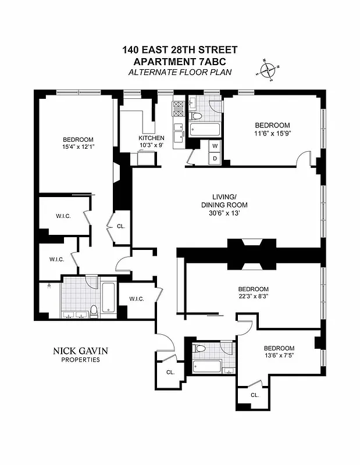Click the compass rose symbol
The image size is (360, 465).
267,70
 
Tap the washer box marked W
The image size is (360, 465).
215,146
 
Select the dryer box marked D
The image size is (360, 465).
215,158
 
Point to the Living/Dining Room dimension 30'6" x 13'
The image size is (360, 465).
224,213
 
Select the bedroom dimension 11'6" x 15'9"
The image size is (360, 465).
272,134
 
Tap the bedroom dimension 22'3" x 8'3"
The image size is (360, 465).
253,297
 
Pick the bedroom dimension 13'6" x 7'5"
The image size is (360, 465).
276,356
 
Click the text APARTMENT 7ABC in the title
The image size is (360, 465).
180,61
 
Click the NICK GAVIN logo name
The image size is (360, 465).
80,350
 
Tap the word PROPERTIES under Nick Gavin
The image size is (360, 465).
80,360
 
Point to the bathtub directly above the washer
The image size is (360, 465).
205,129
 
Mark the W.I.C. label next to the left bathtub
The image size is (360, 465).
137,299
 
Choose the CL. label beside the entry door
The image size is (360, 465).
170,372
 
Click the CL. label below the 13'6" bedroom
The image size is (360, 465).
254,395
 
